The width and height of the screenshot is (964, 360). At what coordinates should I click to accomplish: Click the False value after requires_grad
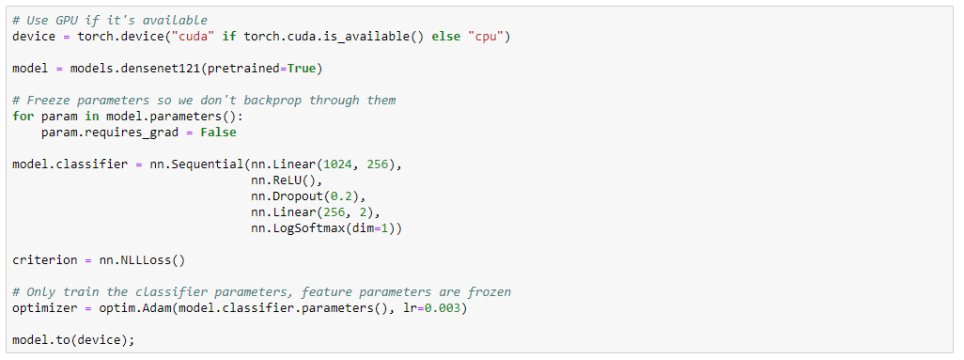[x=218, y=133]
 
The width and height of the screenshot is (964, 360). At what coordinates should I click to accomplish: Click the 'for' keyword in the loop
[x=23, y=117]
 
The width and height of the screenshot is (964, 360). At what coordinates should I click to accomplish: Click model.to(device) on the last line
[x=71, y=339]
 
